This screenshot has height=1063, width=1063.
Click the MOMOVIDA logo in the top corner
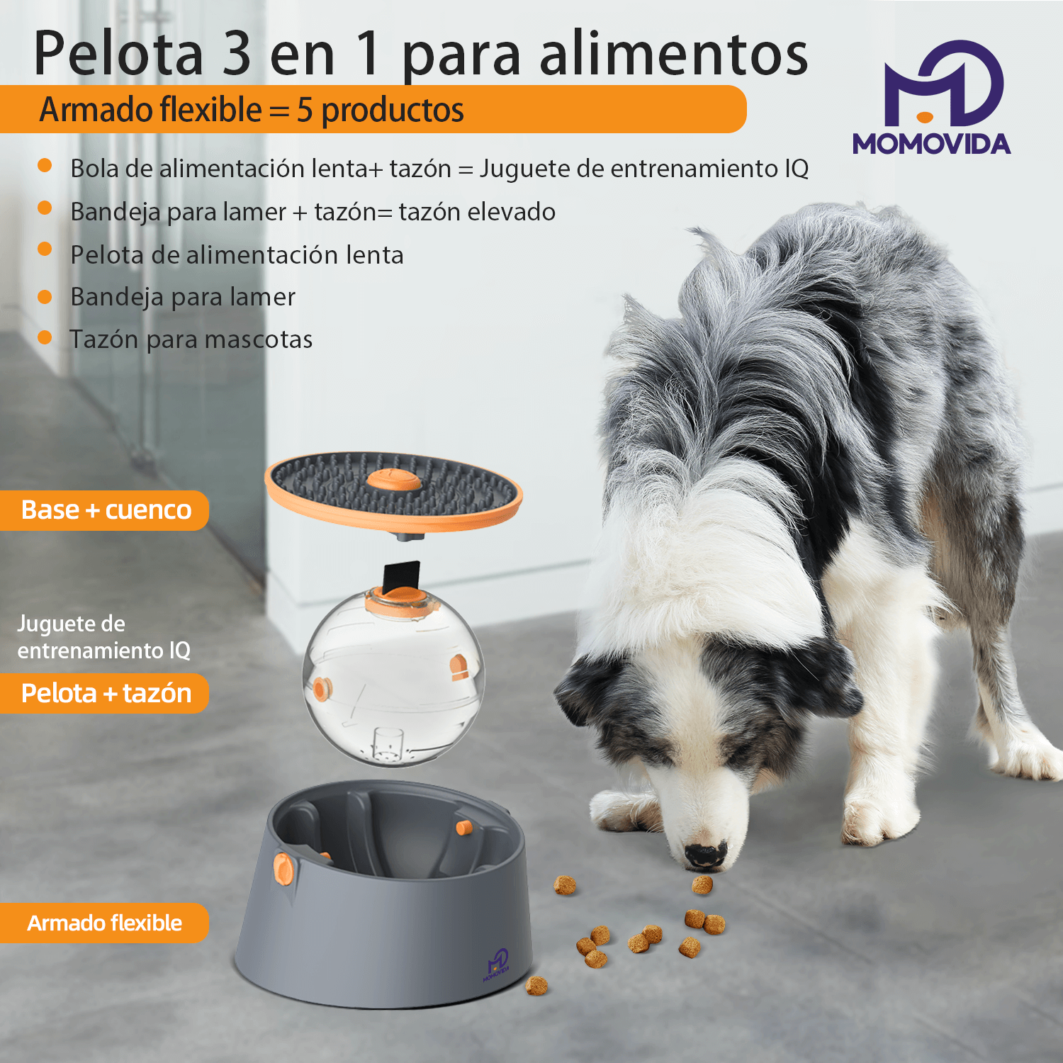tap(932, 98)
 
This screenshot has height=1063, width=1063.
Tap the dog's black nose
tap(705, 855)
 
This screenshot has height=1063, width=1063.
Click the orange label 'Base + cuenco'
tap(105, 510)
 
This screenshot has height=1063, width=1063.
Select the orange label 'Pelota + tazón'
tap(105, 693)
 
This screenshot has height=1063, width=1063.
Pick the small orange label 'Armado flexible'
tap(105, 923)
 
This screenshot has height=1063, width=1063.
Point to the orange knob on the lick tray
tap(394, 480)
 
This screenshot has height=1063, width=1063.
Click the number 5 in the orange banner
tap(305, 110)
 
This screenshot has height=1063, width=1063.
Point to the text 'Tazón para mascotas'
tap(191, 339)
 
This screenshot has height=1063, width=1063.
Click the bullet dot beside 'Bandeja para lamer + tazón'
tap(45, 208)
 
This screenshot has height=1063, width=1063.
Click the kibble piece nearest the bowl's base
tap(536, 986)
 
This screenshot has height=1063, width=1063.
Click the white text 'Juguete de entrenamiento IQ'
tap(103, 637)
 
